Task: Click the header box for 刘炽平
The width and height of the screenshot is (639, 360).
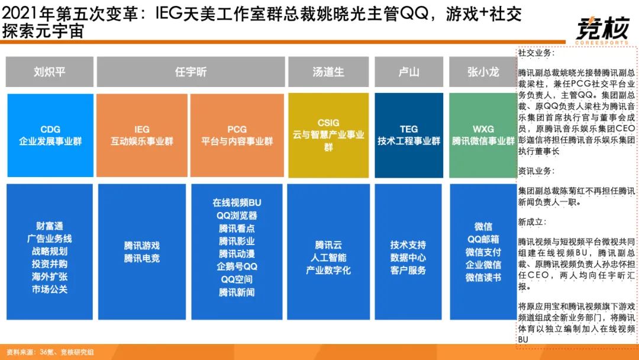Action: point(49,72)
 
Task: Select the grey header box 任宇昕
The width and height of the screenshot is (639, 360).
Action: point(191,72)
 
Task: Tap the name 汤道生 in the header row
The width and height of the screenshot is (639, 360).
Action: point(328,72)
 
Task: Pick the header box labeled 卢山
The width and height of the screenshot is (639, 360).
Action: point(409,72)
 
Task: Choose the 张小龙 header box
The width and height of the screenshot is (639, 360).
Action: point(483,72)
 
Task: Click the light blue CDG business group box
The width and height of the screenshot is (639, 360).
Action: point(50,136)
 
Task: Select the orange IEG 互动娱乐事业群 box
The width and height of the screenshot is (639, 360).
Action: point(142,136)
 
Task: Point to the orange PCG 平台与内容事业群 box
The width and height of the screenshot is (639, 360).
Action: point(237,136)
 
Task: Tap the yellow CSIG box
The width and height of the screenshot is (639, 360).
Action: point(328,136)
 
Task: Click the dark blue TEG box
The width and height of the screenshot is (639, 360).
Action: point(409,136)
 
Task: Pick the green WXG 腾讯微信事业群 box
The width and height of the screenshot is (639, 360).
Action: point(483,136)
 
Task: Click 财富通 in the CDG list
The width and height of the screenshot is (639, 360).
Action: point(49,226)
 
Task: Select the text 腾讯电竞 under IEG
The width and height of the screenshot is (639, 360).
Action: point(142,259)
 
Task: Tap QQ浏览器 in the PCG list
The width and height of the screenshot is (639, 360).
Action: point(237,216)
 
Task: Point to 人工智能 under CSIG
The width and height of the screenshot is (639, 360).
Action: point(328,258)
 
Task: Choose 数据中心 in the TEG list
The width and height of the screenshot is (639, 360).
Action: point(408,258)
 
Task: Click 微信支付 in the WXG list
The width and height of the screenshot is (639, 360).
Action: point(483,252)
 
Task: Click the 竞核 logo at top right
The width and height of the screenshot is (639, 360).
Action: point(602,31)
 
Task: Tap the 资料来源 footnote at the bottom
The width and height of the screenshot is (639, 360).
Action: point(50,352)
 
